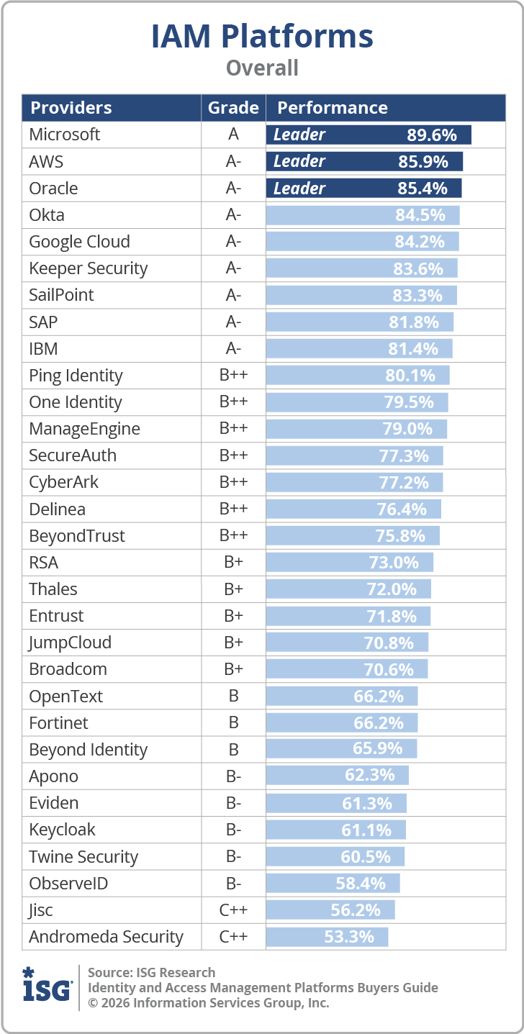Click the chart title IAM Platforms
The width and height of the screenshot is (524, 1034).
[x=262, y=37]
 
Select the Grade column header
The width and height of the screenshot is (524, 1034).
[x=233, y=107]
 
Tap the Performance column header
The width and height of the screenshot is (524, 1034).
[x=333, y=107]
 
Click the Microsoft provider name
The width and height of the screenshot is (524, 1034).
[x=64, y=135]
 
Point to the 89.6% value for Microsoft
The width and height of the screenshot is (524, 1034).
[x=432, y=135]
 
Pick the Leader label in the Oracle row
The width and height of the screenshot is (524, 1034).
[x=299, y=189]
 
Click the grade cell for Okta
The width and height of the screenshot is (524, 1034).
[x=233, y=214]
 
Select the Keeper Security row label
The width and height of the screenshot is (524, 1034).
[x=89, y=268]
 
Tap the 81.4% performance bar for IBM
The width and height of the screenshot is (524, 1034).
[x=359, y=348]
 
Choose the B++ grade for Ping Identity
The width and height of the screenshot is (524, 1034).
[x=233, y=375]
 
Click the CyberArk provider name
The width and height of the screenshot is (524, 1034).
[x=64, y=482]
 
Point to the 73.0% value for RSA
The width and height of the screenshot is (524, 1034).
[x=393, y=563]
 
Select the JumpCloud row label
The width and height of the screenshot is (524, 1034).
[x=70, y=643]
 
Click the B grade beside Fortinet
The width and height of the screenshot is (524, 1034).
[x=234, y=722]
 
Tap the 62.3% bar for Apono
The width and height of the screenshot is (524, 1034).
[x=338, y=775]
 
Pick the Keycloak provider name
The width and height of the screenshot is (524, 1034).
[x=62, y=830]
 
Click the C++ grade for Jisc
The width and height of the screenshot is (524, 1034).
[x=233, y=910]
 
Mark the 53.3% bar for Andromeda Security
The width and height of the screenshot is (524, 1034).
[x=327, y=937]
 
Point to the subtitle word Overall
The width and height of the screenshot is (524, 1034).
[x=262, y=68]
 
